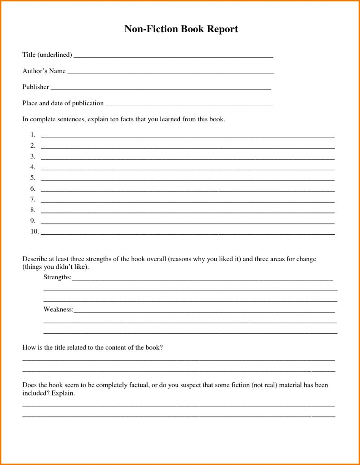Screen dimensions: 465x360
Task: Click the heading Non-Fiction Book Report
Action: pyautogui.click(x=181, y=30)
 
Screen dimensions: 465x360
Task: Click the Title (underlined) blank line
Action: pyautogui.click(x=173, y=57)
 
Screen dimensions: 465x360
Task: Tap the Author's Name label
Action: pyautogui.click(x=44, y=71)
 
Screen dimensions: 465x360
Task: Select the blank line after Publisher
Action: pyautogui.click(x=161, y=89)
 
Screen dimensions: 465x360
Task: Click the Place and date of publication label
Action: pyautogui.click(x=63, y=104)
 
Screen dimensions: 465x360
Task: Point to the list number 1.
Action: pyautogui.click(x=33, y=135)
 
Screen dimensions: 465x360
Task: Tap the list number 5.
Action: pyautogui.click(x=33, y=178)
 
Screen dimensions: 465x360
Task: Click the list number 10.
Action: pyautogui.click(x=35, y=232)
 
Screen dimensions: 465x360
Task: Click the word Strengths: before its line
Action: pyautogui.click(x=57, y=277)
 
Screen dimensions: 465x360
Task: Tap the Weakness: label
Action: pyautogui.click(x=59, y=310)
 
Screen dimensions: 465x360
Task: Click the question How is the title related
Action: pyautogui.click(x=93, y=348)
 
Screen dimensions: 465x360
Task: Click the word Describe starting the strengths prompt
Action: pyautogui.click(x=34, y=259)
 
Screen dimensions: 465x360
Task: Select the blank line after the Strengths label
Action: pyautogui.click(x=202, y=279)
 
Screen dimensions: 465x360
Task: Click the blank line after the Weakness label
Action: pyautogui.click(x=204, y=312)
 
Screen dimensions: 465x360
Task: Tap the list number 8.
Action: pyautogui.click(x=33, y=210)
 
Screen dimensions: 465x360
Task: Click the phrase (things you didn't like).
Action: pyautogui.click(x=55, y=267)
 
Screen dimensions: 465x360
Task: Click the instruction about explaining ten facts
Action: pyautogui.click(x=123, y=120)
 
